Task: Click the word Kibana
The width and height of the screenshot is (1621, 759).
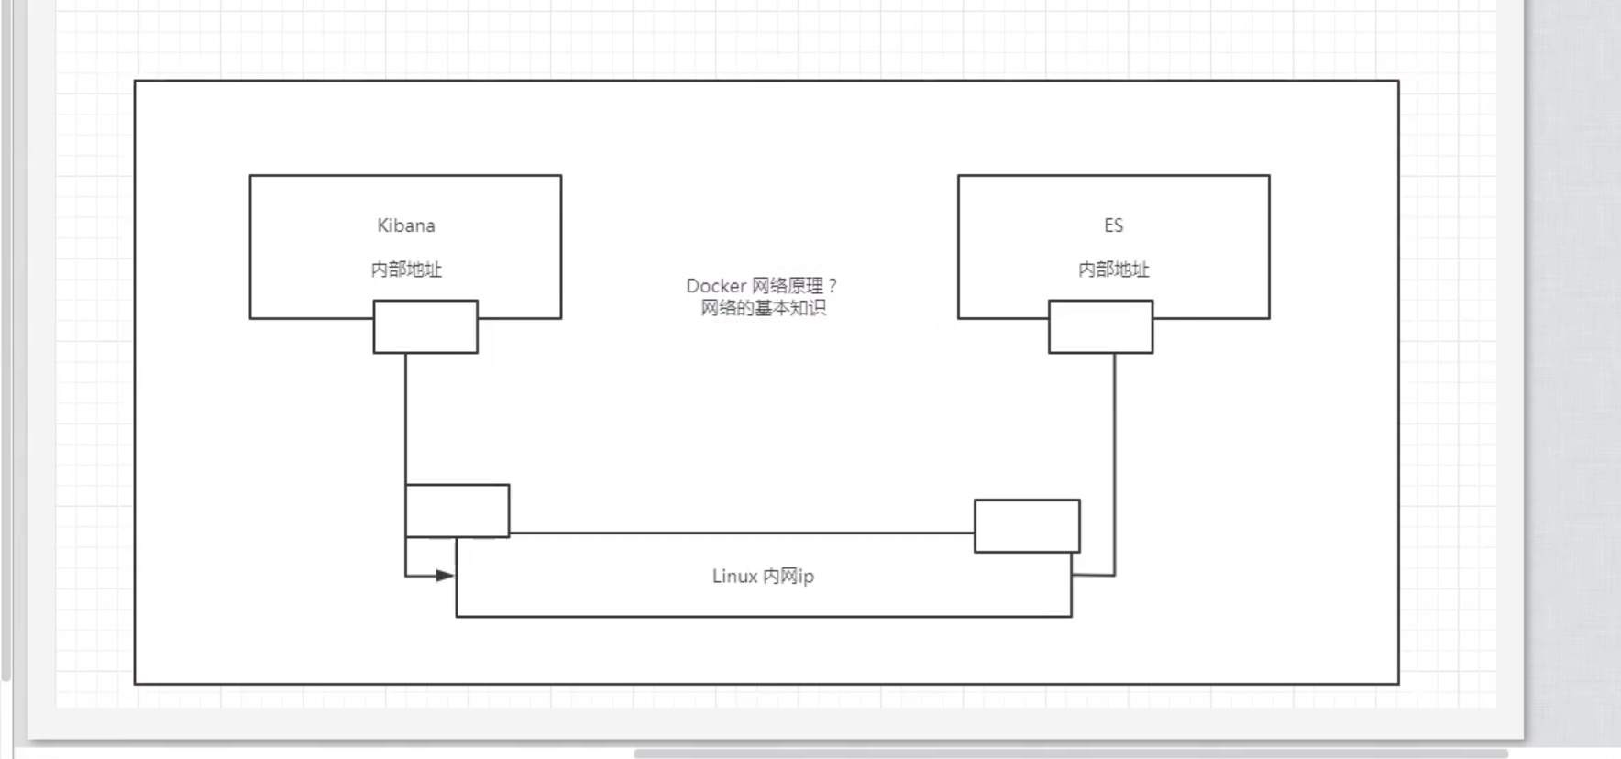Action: click(x=406, y=225)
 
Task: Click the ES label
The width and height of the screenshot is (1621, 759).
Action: click(x=1113, y=225)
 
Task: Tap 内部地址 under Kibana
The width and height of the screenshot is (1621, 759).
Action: click(x=406, y=269)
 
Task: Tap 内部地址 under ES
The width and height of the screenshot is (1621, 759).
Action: click(x=1113, y=269)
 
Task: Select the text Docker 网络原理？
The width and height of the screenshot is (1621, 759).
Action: click(x=762, y=286)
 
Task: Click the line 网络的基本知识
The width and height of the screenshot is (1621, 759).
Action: click(x=763, y=308)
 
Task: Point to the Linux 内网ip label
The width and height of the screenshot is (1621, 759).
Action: click(x=763, y=576)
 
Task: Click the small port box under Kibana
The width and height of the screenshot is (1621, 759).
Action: click(x=425, y=326)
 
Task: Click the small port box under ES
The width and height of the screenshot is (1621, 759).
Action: click(x=1100, y=326)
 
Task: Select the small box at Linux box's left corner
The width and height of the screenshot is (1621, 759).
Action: click(x=458, y=511)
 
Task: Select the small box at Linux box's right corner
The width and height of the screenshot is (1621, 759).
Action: click(x=1027, y=526)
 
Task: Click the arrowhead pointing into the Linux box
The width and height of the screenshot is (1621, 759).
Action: click(x=446, y=576)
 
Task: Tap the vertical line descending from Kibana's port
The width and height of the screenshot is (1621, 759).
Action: click(x=405, y=419)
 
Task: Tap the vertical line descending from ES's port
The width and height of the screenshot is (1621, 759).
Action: click(x=1115, y=464)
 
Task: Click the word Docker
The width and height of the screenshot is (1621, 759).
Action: click(x=716, y=286)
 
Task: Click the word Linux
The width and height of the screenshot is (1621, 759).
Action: click(x=735, y=576)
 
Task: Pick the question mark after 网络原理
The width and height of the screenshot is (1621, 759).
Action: click(x=833, y=286)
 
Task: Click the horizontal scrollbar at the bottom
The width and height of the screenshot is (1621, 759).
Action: click(x=1071, y=753)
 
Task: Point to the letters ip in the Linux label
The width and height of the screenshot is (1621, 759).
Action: click(x=806, y=577)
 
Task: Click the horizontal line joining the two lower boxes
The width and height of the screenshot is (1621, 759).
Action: click(x=742, y=533)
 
